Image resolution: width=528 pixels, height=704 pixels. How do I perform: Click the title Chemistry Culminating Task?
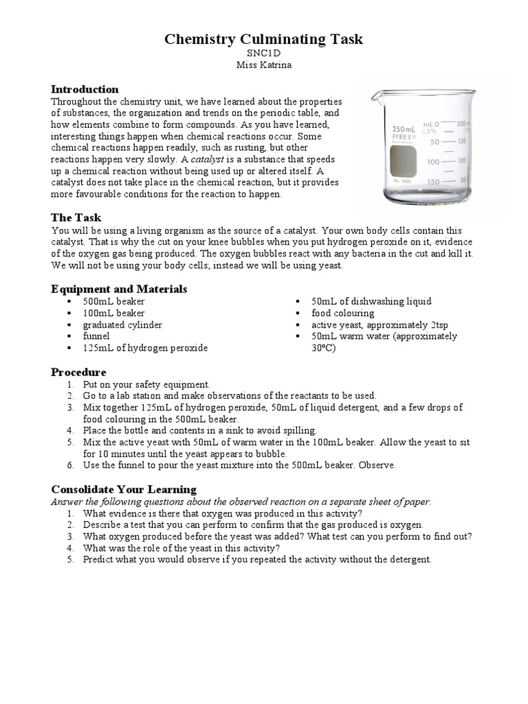point(263,39)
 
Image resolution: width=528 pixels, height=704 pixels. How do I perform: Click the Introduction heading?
point(85,89)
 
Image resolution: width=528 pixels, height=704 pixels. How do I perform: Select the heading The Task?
point(76,217)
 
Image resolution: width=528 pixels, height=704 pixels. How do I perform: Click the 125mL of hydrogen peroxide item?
point(145,348)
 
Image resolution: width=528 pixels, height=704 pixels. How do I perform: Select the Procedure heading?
point(78,372)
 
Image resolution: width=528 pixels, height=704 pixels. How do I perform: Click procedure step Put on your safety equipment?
point(146,384)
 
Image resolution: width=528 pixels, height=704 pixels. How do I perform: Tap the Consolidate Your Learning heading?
point(124,489)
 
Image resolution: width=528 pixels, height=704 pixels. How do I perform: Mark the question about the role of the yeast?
point(181,548)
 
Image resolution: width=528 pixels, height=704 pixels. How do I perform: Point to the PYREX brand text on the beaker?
point(404,137)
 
